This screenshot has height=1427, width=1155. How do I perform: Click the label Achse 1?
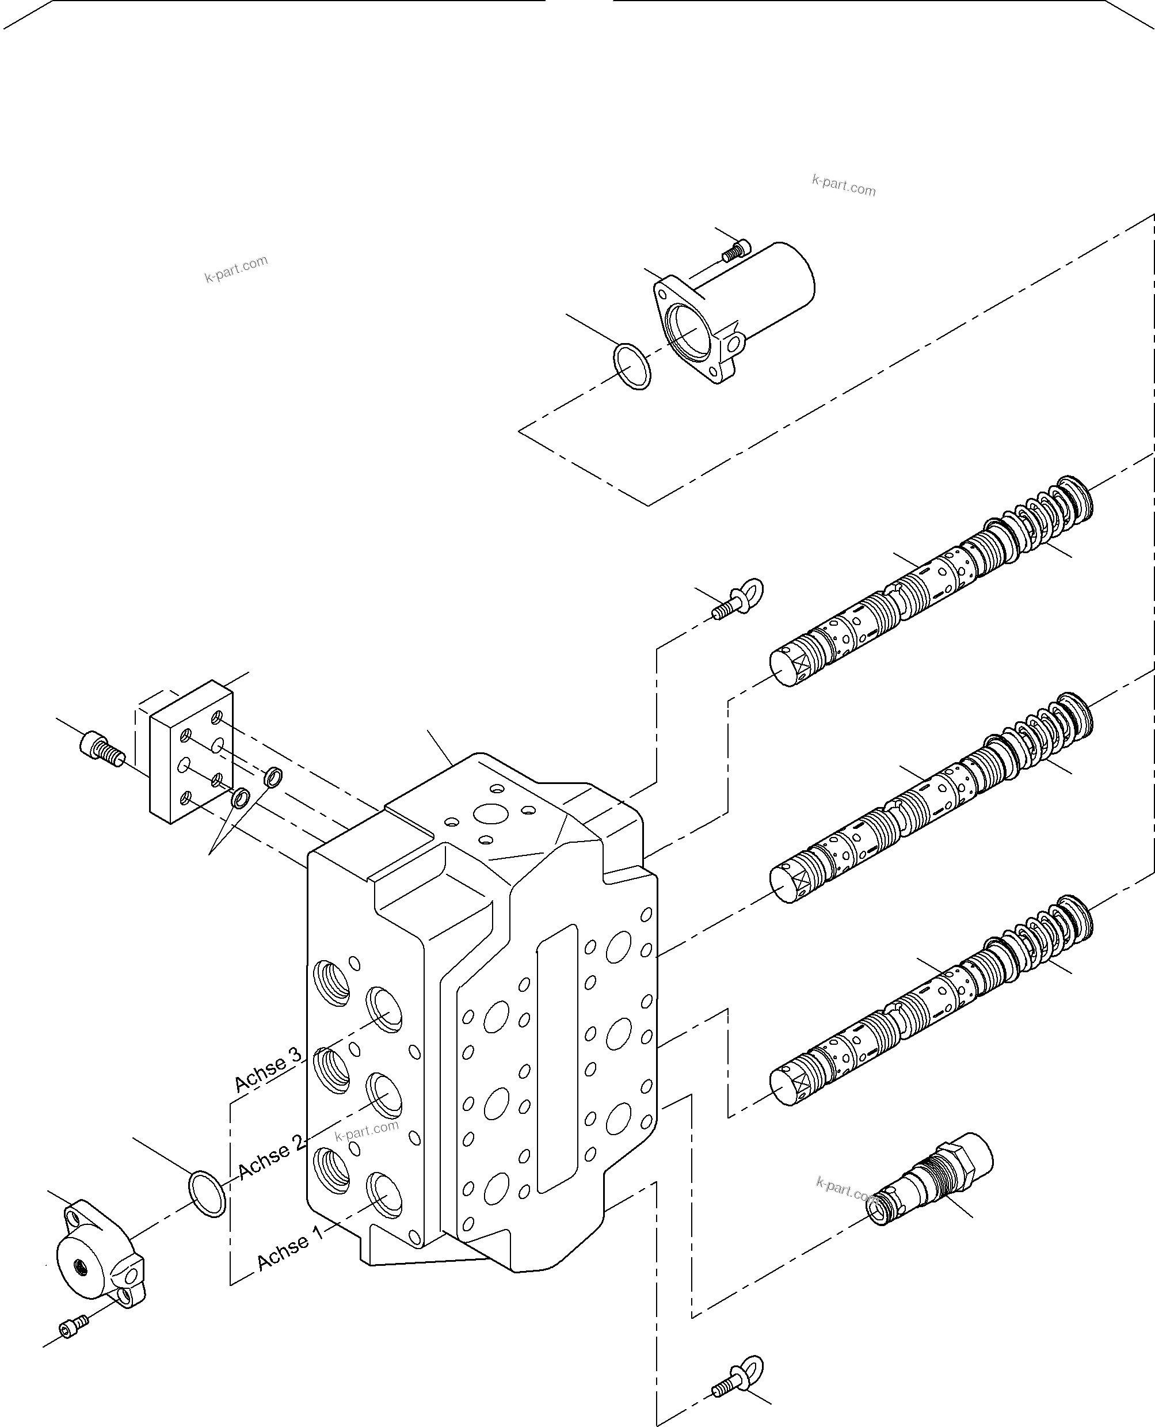[290, 1250]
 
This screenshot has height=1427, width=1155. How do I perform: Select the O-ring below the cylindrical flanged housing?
[631, 366]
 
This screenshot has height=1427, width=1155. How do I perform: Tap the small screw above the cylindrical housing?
[734, 251]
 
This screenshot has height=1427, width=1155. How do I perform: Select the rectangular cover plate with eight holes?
[191, 752]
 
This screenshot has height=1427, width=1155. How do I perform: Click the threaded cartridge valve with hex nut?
[932, 1180]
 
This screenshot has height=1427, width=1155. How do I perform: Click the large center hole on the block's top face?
[489, 813]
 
